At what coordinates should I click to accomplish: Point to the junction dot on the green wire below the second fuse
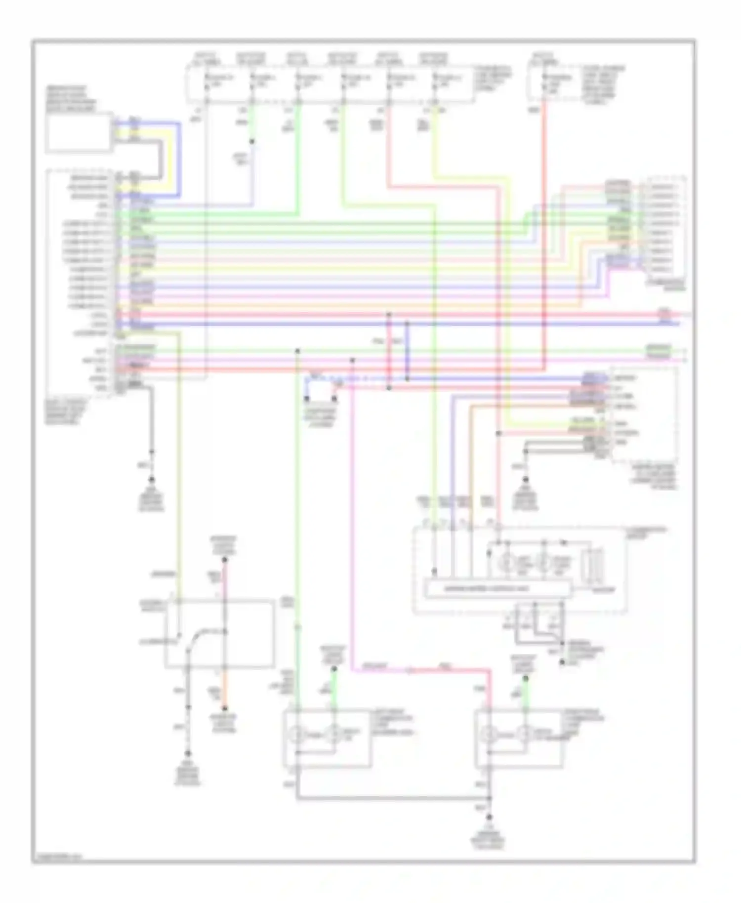[252, 142]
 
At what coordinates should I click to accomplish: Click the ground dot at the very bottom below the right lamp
[490, 818]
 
